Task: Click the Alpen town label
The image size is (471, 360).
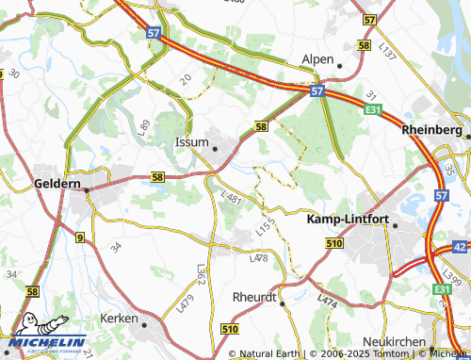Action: point(317,59)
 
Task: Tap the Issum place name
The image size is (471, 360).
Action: point(192,142)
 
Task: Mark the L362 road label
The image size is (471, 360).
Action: point(201,274)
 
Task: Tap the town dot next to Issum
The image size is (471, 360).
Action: point(216,148)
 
